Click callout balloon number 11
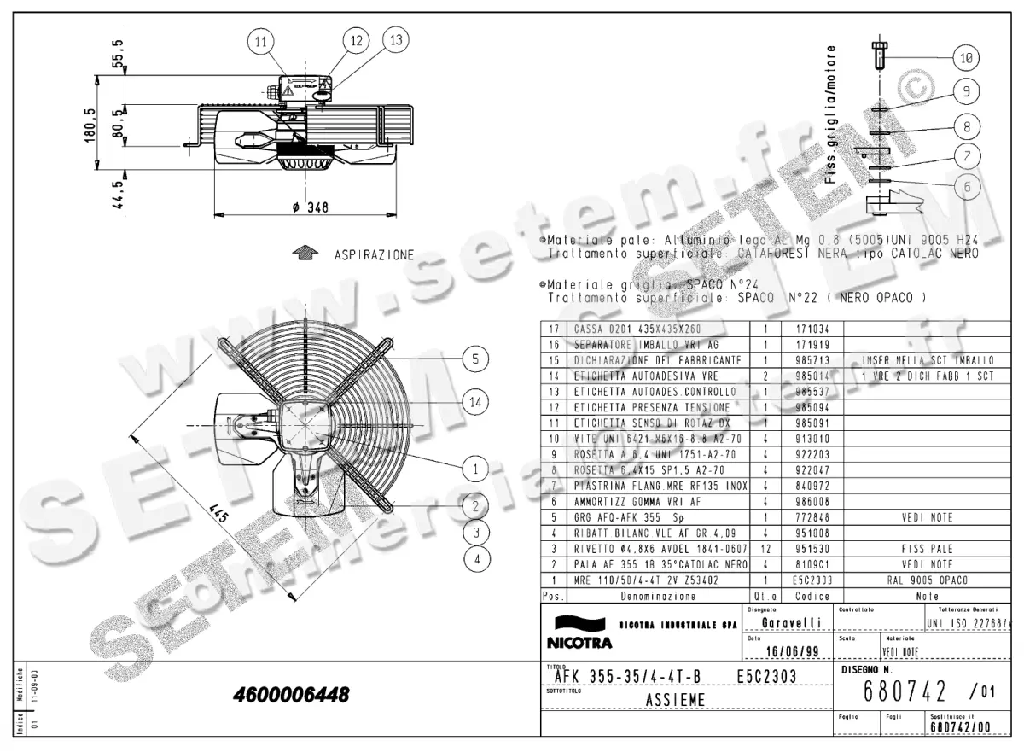261,42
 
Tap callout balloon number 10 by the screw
965,58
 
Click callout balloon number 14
475,401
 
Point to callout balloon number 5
475,359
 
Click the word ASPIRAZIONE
374,255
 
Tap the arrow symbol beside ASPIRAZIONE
304,254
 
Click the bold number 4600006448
291,695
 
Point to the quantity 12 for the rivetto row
766,549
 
